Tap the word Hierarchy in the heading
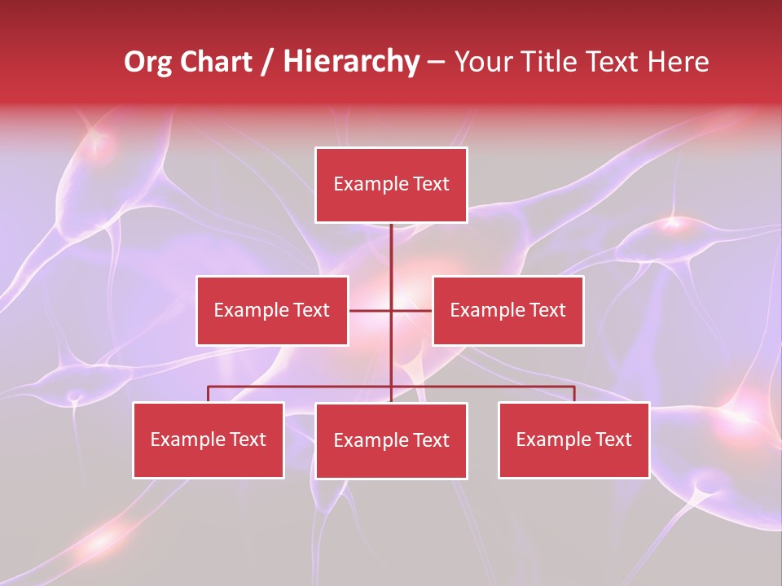coord(351,63)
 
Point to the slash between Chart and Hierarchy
coord(267,63)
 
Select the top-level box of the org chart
coord(391,185)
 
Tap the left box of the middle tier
coord(272,311)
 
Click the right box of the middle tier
coord(508,311)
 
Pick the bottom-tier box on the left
coord(209,440)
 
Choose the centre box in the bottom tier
coord(391,441)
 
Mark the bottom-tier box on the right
coord(574,440)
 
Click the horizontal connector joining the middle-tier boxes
coord(371,311)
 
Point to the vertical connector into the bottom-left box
coord(209,394)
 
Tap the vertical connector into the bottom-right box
coord(574,394)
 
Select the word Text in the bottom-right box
coord(613,440)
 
